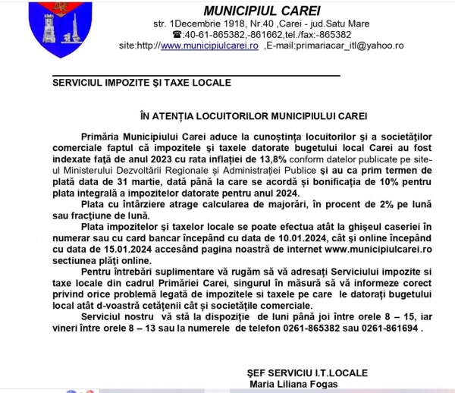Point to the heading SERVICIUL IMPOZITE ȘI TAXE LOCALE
pos(142,82)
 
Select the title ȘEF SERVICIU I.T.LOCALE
pos(307,373)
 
